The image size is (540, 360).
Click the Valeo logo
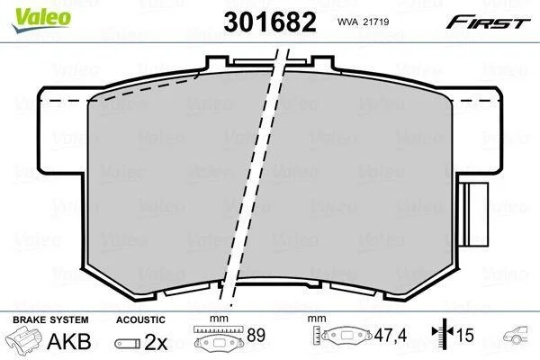click(42, 19)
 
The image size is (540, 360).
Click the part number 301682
click(270, 22)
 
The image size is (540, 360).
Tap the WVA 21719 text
click(363, 22)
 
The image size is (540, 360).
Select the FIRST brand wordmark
click(488, 22)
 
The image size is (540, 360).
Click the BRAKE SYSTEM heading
click(50, 319)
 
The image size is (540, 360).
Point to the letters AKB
click(69, 341)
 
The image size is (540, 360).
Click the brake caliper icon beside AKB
click(23, 338)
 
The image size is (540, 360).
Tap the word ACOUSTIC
click(140, 319)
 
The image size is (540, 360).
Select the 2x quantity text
click(156, 342)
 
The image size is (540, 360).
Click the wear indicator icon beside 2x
click(128, 344)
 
